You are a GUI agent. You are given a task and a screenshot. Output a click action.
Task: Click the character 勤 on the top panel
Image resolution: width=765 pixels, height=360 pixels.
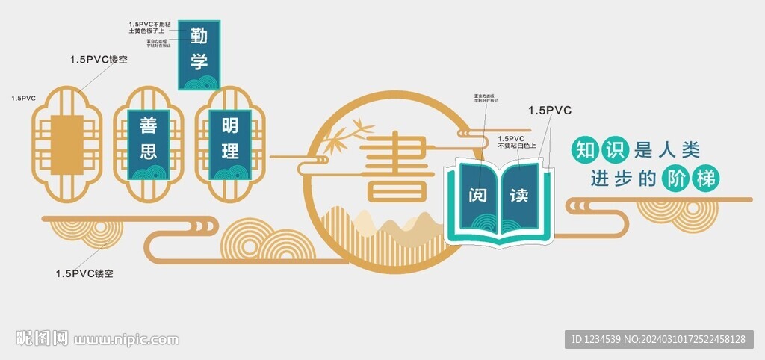tap(198, 35)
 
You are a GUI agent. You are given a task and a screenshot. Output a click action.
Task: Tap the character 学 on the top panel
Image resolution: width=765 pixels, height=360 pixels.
tap(198, 60)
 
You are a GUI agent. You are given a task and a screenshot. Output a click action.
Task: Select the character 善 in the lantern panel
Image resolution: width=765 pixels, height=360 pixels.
tap(149, 125)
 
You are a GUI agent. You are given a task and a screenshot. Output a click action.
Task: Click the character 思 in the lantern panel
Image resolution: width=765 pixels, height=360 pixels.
tap(149, 152)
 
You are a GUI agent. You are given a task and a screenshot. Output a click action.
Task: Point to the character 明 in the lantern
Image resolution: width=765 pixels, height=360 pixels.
tap(230, 125)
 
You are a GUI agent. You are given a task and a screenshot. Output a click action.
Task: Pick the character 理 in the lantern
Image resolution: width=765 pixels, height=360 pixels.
tap(230, 151)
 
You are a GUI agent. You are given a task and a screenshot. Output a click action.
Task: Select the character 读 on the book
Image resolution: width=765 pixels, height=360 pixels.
tap(518, 196)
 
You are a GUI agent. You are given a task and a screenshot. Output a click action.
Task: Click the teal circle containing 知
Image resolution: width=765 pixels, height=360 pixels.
tap(583, 149)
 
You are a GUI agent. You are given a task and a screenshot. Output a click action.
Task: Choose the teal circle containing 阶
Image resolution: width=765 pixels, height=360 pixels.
tap(677, 179)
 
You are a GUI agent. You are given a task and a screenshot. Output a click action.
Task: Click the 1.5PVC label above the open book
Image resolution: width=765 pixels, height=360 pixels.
tap(549, 111)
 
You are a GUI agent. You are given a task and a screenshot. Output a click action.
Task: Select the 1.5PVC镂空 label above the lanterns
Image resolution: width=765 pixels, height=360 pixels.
tap(99, 59)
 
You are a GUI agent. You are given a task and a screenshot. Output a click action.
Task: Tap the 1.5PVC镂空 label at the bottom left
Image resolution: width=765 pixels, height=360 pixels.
tap(84, 273)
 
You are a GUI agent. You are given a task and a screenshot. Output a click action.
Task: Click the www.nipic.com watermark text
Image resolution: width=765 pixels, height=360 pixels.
tap(126, 341)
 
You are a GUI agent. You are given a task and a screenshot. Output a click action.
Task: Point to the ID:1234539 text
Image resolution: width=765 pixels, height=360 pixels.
tap(595, 340)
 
